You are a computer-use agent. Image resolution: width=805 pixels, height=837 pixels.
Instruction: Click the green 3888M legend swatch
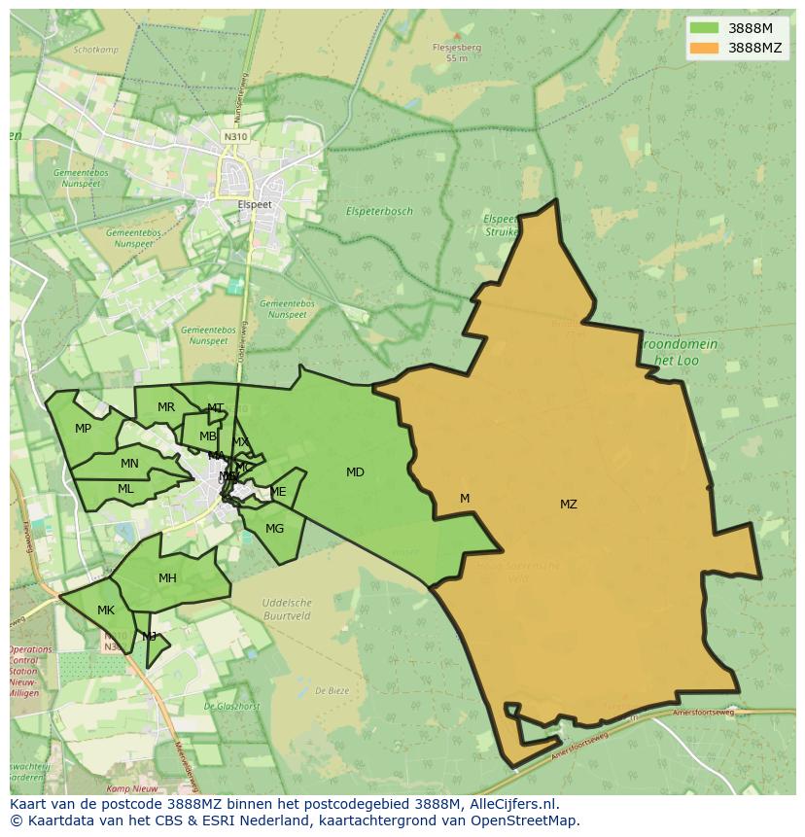(x=704, y=28)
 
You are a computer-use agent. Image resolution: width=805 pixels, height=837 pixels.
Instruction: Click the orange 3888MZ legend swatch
(x=704, y=48)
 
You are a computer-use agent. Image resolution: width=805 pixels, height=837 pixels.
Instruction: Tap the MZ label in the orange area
(x=569, y=505)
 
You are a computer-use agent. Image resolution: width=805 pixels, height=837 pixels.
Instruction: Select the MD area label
(x=355, y=472)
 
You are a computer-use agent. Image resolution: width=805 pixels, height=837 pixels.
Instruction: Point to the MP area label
(x=83, y=429)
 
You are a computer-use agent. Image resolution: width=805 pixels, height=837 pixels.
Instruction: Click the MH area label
(x=167, y=578)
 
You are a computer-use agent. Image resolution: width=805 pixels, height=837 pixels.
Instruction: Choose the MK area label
(x=106, y=610)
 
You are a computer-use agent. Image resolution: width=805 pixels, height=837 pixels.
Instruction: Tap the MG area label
(x=274, y=529)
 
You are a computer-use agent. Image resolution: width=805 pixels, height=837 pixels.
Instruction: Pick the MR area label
(x=166, y=407)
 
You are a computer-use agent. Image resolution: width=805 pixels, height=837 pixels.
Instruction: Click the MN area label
(x=129, y=464)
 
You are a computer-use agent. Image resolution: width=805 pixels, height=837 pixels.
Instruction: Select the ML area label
(x=125, y=489)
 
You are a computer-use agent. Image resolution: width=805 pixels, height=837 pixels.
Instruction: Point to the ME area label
(x=279, y=492)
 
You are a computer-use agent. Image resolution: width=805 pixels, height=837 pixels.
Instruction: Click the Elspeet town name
(x=255, y=205)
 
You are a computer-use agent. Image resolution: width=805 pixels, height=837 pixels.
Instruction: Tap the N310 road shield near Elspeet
(x=235, y=137)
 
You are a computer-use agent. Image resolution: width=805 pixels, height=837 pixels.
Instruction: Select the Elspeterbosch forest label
(x=379, y=211)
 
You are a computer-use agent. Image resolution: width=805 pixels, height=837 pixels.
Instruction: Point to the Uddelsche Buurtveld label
(x=287, y=609)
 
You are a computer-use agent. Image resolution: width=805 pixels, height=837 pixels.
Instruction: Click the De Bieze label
(x=332, y=690)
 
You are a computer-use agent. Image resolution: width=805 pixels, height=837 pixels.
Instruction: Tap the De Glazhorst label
(x=231, y=707)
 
